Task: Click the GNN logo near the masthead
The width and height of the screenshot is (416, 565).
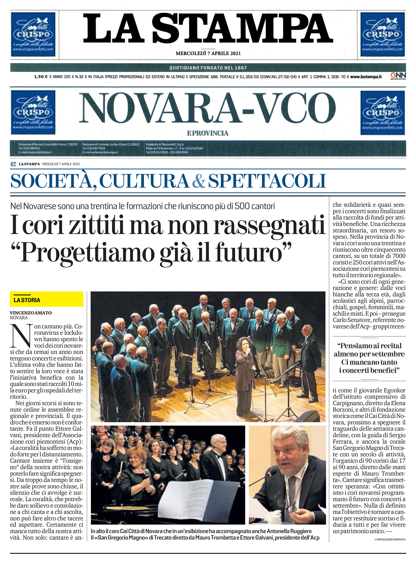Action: click(398, 76)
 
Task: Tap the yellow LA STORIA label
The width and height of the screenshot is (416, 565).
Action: click(27, 300)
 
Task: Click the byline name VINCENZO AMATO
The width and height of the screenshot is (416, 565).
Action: click(31, 313)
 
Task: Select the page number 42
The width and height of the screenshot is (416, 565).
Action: click(13, 164)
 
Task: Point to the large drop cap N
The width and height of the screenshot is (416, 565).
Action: click(21, 336)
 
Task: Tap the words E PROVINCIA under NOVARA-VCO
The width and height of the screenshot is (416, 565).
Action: click(208, 133)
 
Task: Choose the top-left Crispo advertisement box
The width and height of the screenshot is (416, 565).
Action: click(33, 35)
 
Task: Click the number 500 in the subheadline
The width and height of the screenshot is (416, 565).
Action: click(242, 206)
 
